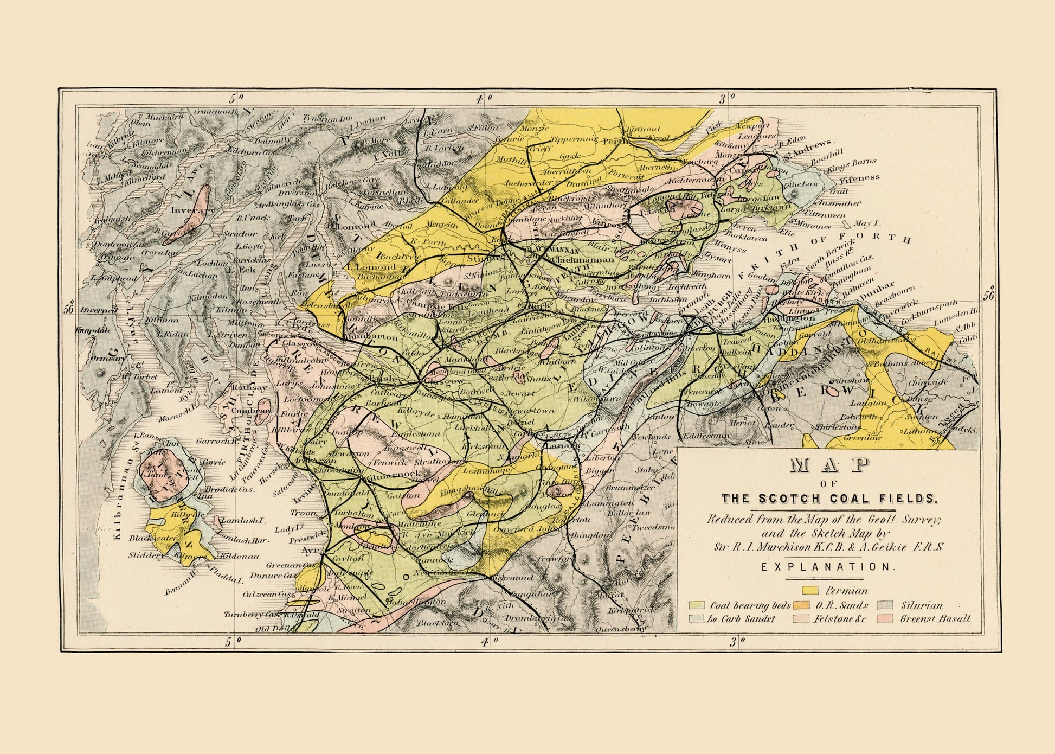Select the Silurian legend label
point(922,605)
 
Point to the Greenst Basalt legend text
point(935,618)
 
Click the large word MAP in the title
point(824,466)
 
